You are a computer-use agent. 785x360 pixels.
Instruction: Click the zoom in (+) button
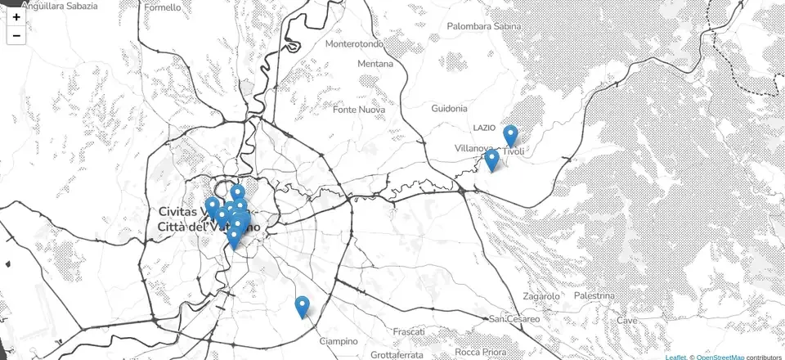16,16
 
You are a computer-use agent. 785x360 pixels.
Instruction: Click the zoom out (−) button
16,35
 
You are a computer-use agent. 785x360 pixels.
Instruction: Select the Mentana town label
375,64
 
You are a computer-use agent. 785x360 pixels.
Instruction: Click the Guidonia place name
449,108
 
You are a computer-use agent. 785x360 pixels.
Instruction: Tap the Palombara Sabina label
484,26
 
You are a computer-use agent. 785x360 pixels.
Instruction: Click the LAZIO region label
484,128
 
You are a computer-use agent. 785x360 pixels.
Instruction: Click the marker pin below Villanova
491,160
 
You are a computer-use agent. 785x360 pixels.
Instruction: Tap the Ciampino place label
339,341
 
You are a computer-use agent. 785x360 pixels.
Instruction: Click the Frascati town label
409,332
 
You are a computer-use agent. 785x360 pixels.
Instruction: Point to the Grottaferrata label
397,355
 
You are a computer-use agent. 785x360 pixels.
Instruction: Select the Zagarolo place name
541,295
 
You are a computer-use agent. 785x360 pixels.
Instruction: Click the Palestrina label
594,295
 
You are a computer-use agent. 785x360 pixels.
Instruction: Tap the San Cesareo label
514,318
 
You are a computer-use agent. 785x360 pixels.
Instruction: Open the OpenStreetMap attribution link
720,357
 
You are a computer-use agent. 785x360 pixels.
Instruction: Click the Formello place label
163,7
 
